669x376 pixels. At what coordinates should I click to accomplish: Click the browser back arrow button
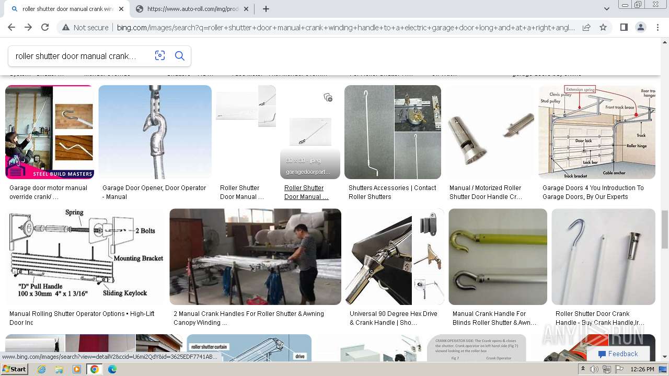pyautogui.click(x=11, y=28)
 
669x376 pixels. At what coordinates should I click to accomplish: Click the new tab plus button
pyautogui.click(x=266, y=9)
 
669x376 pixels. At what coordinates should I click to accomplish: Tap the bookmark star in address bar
pyautogui.click(x=603, y=28)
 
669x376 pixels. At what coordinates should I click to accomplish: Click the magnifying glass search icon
pyautogui.click(x=179, y=56)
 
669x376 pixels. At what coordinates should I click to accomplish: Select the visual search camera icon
pyautogui.click(x=160, y=56)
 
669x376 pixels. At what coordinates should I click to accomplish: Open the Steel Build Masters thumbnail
pyautogui.click(x=50, y=132)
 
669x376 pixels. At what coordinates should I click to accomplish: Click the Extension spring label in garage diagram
pyautogui.click(x=580, y=89)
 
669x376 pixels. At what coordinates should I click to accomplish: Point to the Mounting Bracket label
pyautogui.click(x=139, y=258)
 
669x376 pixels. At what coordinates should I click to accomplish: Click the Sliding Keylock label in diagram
pyautogui.click(x=125, y=293)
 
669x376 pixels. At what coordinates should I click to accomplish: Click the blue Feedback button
pyautogui.click(x=618, y=354)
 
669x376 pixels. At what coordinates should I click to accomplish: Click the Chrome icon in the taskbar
pyautogui.click(x=95, y=369)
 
